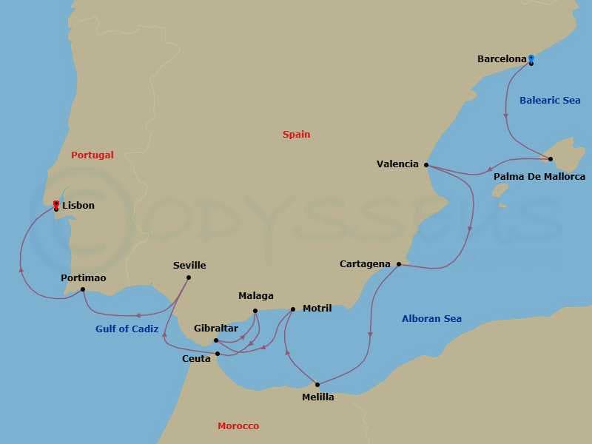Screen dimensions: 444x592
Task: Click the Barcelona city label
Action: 502,58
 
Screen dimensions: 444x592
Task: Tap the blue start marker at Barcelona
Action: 531,58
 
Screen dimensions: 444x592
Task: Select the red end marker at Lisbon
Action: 56,203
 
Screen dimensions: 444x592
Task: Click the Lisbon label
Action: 78,206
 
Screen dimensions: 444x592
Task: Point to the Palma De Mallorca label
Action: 539,177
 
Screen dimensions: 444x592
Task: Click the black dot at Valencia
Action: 426,165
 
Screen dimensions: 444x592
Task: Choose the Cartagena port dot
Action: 399,264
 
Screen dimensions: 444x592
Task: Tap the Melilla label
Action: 318,397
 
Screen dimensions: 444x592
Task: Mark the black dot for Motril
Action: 293,309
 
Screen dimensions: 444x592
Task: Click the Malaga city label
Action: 256,296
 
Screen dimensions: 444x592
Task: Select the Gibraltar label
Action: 216,328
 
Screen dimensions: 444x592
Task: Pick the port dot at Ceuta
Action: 218,354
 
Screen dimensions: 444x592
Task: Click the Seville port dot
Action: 189,277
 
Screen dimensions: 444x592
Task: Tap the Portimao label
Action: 84,277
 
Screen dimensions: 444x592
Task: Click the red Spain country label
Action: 296,135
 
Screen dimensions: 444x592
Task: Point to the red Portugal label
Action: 92,155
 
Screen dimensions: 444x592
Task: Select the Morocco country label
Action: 238,426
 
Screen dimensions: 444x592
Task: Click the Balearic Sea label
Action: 550,100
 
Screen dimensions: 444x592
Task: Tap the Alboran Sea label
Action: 431,319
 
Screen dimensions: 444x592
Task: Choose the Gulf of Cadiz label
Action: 127,329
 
